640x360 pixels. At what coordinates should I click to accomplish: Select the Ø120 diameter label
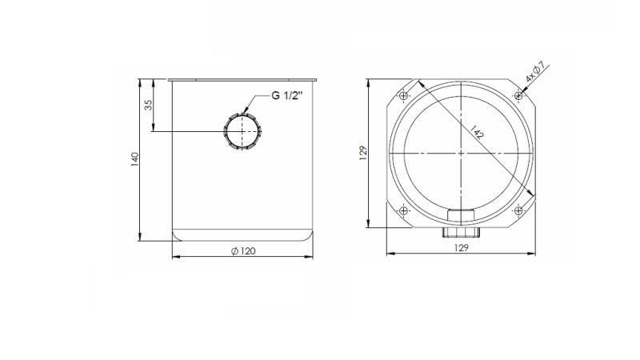pos(242,250)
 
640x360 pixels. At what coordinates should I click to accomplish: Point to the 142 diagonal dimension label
pos(478,133)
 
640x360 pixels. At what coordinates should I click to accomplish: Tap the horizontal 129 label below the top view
pos(462,249)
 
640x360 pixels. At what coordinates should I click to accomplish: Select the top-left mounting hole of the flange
pos(404,97)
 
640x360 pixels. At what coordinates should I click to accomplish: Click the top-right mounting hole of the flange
pos(519,97)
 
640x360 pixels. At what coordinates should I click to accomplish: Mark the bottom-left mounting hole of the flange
pos(404,211)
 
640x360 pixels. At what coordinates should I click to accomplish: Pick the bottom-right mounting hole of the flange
pos(519,211)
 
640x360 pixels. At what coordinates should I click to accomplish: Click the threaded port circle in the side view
pos(242,130)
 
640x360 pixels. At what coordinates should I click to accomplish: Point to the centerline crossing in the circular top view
pos(462,154)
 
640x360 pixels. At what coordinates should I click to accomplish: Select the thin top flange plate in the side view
pos(242,79)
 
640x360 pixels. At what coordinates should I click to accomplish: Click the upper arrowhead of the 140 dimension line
pos(141,82)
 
